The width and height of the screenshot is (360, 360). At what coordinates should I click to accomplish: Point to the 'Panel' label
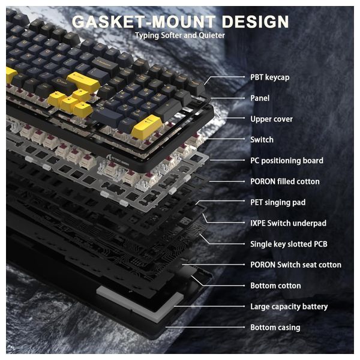tap(260, 98)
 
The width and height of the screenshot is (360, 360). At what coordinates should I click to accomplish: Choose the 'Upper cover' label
tap(271, 119)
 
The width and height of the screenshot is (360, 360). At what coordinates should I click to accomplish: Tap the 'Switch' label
tap(262, 140)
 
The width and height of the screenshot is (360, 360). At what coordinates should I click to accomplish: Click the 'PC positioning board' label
tap(286, 160)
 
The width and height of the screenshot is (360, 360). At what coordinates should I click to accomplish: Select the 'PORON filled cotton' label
tap(284, 181)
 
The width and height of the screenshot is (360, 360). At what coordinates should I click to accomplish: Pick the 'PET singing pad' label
tap(278, 202)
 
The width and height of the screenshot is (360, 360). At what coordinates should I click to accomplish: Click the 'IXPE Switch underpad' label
tap(288, 223)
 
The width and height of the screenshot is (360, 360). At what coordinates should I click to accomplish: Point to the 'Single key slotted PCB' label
tap(289, 244)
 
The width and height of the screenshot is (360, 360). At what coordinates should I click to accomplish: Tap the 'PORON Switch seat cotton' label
tap(295, 265)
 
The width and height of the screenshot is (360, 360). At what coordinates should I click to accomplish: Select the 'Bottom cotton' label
tap(275, 286)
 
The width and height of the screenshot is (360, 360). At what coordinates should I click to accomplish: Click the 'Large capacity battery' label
tap(289, 307)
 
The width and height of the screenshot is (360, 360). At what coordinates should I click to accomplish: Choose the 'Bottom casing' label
tap(275, 328)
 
